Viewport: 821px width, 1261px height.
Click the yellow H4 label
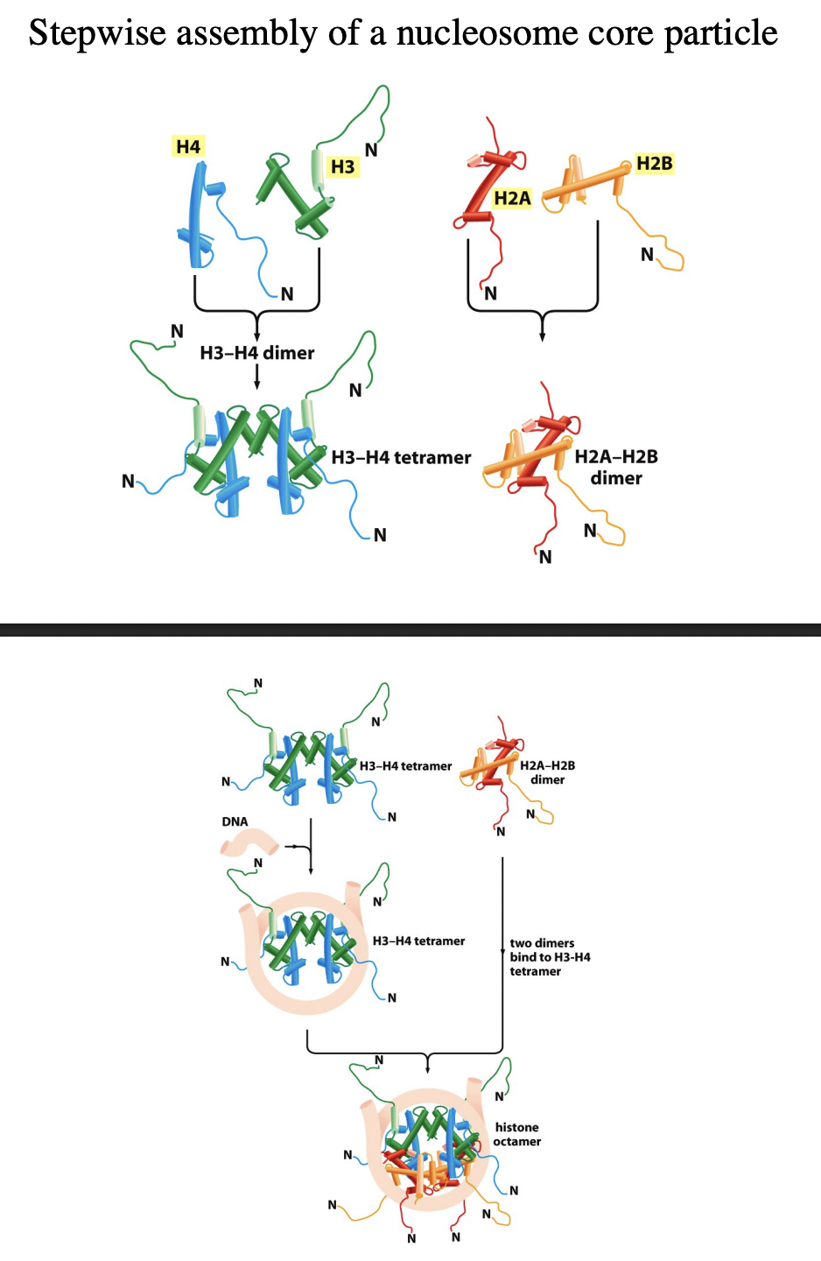point(188,147)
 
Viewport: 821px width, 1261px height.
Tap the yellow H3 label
point(342,166)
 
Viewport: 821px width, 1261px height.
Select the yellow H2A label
point(512,199)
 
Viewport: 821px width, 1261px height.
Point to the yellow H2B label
point(654,164)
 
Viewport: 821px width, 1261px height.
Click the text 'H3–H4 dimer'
point(256,353)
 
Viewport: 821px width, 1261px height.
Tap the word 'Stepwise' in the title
point(97,33)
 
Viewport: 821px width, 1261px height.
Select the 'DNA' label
point(235,821)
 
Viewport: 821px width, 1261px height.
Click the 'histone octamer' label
point(517,1134)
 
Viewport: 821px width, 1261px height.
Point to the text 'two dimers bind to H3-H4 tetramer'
point(550,957)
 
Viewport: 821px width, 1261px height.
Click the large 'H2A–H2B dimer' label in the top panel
point(616,467)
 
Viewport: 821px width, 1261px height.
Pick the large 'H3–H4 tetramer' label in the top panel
point(401,457)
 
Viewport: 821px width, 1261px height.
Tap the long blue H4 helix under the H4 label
point(195,219)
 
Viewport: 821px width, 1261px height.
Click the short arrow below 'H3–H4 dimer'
point(256,377)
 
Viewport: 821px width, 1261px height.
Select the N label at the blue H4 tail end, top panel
point(287,294)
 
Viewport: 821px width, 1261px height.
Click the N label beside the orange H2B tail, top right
point(647,255)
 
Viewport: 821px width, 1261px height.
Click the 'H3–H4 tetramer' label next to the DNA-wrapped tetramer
point(418,941)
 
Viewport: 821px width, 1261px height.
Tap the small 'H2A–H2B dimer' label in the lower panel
point(547,772)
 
